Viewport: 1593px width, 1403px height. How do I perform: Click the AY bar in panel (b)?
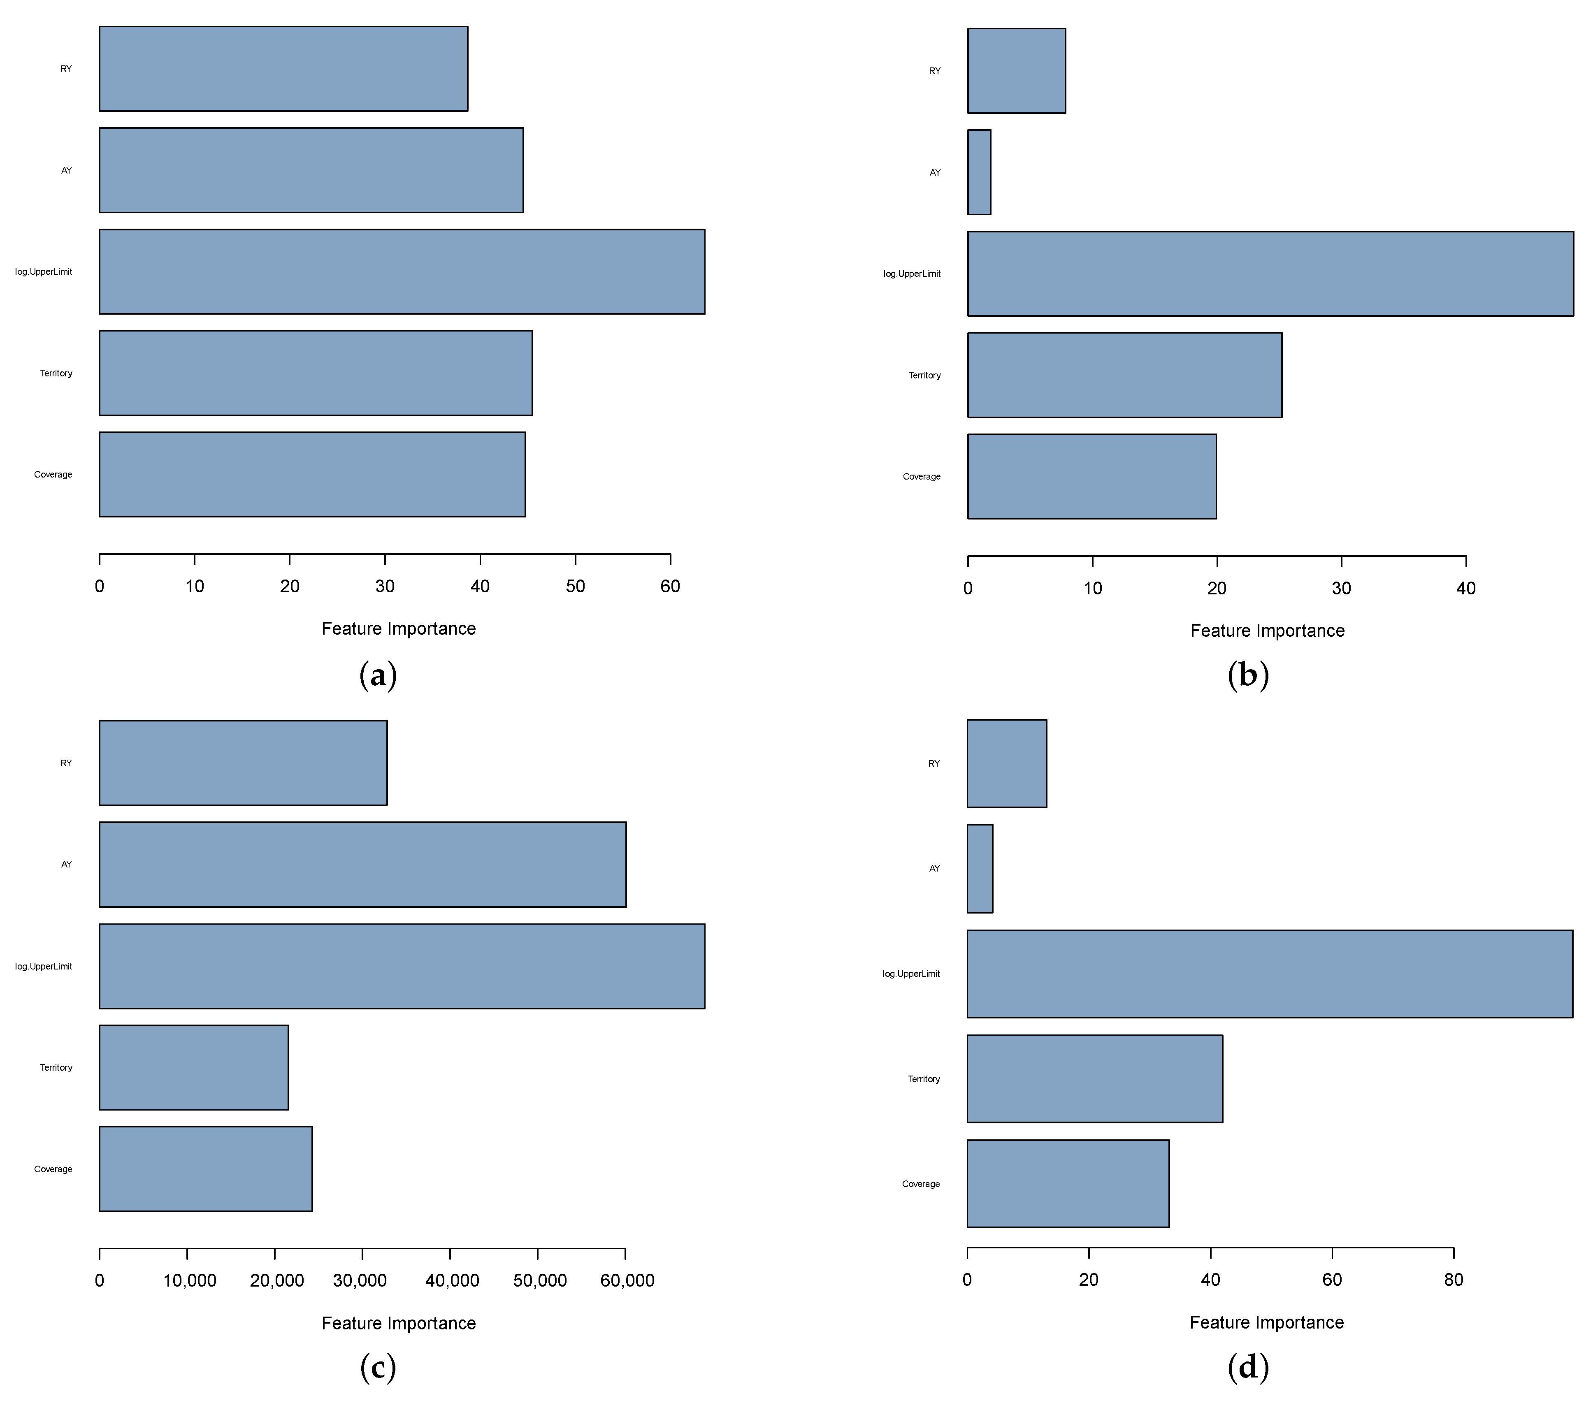[979, 172]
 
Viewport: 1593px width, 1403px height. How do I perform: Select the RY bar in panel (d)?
[1006, 763]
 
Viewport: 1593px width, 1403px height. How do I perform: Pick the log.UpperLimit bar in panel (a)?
[402, 272]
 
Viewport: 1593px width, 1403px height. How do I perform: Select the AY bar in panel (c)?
[362, 865]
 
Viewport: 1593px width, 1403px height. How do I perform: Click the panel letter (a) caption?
[378, 675]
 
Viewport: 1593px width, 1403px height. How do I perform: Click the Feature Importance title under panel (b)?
[1267, 631]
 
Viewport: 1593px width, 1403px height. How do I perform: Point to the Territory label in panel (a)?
[56, 373]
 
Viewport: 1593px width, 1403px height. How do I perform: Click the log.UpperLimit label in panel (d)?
[911, 974]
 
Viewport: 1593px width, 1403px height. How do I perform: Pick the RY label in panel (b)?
[934, 71]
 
